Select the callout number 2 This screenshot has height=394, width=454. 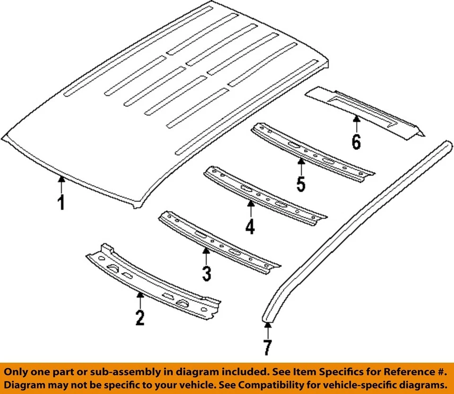coord(140,318)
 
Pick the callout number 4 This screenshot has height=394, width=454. coord(250,227)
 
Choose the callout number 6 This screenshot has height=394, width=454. coord(356,141)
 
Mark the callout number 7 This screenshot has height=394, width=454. coord(268,348)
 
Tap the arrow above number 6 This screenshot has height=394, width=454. coord(356,123)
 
